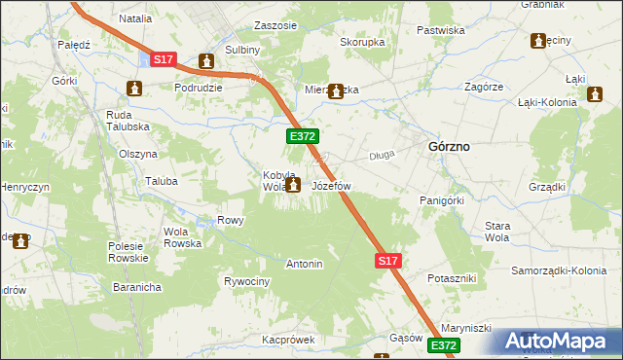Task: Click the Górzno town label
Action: [x=449, y=146]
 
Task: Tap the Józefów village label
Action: [x=331, y=185]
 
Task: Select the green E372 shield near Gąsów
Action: [x=443, y=345]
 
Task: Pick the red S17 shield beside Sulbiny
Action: [x=164, y=60]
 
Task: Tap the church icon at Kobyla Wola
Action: [x=293, y=182]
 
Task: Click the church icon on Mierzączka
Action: [x=337, y=91]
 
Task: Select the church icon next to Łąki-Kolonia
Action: [x=596, y=95]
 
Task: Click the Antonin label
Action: [x=304, y=264]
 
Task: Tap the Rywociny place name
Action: [x=246, y=281]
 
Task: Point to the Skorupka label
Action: [x=362, y=43]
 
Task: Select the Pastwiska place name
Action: [x=440, y=30]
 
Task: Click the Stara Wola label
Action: [x=497, y=232]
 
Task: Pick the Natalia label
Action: [x=136, y=18]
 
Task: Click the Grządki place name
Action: [x=548, y=187]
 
